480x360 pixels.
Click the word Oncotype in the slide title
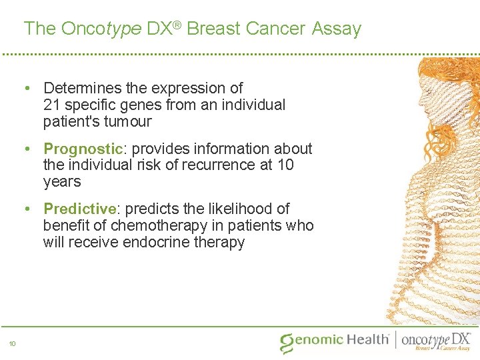[99, 29]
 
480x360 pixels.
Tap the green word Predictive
[80, 209]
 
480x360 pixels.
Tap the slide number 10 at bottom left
[12, 344]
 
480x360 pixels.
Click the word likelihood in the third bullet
[232, 209]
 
